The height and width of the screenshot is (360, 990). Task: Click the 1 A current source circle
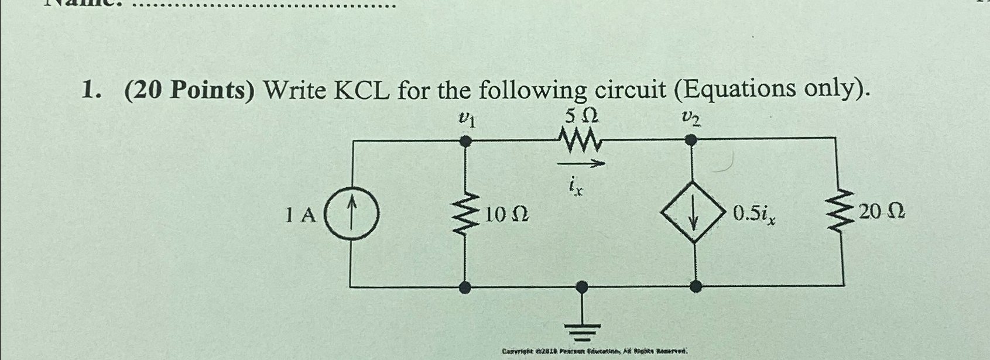click(x=351, y=214)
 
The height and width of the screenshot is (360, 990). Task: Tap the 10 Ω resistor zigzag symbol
click(x=465, y=214)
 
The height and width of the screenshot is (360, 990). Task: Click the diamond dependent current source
click(x=694, y=214)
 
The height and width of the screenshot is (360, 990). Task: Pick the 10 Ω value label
click(x=506, y=215)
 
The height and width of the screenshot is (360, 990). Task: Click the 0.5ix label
click(x=755, y=215)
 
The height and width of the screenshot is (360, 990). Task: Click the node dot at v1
click(x=465, y=141)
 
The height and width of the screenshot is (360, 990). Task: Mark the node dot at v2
click(x=691, y=140)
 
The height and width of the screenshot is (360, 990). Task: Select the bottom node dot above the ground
click(x=581, y=286)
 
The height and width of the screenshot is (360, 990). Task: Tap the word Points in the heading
click(x=214, y=91)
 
